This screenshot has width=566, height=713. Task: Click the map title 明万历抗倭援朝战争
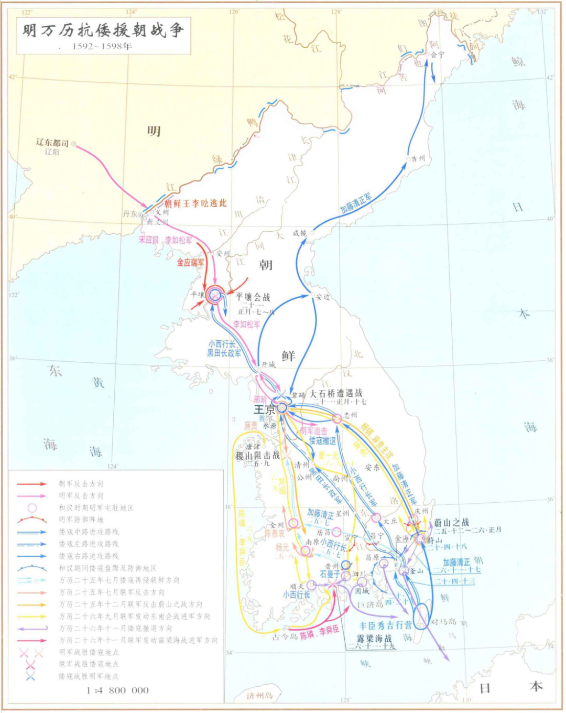point(103,30)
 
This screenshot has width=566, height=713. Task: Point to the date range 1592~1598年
point(102,46)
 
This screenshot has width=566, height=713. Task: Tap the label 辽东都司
point(52,143)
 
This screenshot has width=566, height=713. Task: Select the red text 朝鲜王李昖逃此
point(195,203)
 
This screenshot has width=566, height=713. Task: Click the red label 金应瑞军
point(190,262)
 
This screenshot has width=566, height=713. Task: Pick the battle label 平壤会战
point(253,297)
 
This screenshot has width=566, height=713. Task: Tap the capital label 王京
point(264,409)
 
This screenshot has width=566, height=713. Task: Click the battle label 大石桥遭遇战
point(336,393)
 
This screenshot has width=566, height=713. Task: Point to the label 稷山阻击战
point(257,456)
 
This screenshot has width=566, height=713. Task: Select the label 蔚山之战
point(451,523)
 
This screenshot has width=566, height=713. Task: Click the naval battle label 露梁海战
point(374,639)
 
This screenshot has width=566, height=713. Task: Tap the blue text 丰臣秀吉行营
point(386,625)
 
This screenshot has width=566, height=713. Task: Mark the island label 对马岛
point(443,622)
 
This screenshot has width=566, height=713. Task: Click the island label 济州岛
point(260,696)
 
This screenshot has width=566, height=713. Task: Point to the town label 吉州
point(418,158)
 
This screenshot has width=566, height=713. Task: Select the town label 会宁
point(437,55)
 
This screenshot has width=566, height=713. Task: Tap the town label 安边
point(322,297)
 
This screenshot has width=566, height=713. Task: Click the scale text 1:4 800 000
point(117,690)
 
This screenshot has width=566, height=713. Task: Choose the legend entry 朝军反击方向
point(81,483)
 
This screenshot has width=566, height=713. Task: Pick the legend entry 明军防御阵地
point(81,520)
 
